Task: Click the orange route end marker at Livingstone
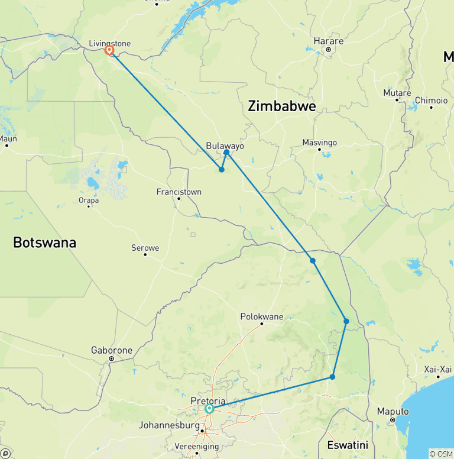[109, 50]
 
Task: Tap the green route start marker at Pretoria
[209, 409]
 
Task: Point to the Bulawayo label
[225, 146]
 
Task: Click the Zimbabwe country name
[282, 106]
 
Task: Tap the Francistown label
[179, 192]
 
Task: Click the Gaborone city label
[112, 350]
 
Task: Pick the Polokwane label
[262, 316]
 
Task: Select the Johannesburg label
[170, 425]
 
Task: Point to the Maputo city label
[393, 411]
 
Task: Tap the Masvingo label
[319, 143]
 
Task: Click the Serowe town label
[145, 248]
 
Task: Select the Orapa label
[89, 199]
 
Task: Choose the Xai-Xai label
[438, 369]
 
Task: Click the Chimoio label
[432, 101]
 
